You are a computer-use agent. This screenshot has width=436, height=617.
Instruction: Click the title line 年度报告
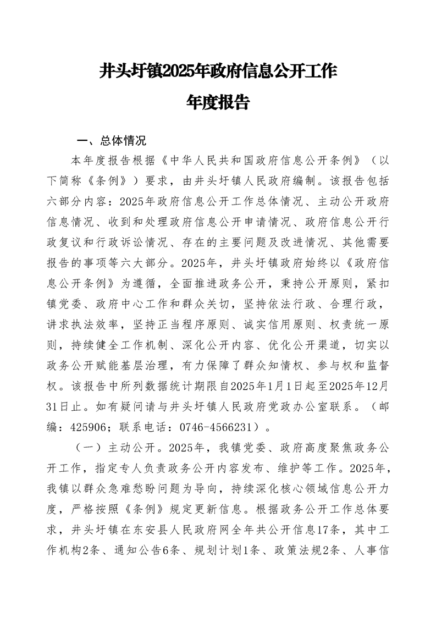(218, 103)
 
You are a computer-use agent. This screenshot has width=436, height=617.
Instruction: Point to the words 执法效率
(107, 323)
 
